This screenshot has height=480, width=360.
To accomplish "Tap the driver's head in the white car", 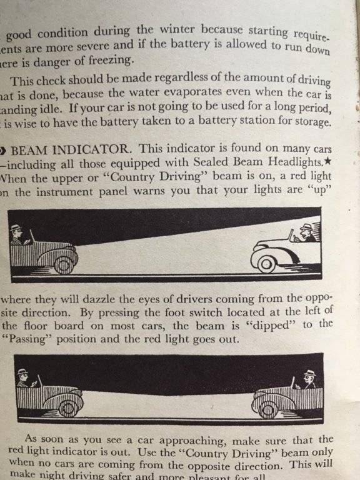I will pos(306,232).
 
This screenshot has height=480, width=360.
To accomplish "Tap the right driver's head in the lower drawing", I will pos(309,377).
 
